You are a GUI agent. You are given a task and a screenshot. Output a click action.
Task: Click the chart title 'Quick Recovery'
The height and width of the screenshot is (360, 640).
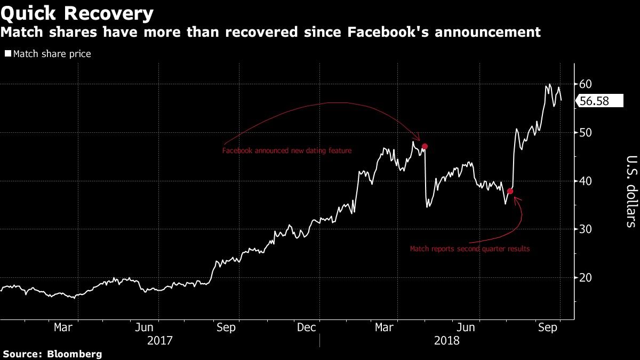pyautogui.click(x=77, y=14)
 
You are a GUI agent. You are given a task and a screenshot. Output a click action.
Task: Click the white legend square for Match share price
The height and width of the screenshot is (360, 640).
pyautogui.click(x=8, y=53)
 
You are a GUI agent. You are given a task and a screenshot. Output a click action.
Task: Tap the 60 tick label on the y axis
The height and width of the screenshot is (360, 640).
pyautogui.click(x=586, y=84)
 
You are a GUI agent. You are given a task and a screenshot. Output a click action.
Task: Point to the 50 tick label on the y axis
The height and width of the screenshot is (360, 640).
pyautogui.click(x=586, y=133)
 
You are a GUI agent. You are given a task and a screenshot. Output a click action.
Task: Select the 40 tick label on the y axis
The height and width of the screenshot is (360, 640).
pyautogui.click(x=586, y=181)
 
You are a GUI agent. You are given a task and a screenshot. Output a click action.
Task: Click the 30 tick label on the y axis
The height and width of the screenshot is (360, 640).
pyautogui.click(x=586, y=229)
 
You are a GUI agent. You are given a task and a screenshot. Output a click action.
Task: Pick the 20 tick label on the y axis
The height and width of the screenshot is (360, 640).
pyautogui.click(x=586, y=277)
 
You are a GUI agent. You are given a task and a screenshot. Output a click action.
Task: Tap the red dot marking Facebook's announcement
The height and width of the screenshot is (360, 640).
pyautogui.click(x=425, y=146)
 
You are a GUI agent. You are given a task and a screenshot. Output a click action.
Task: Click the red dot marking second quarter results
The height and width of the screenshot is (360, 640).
pyautogui.click(x=510, y=191)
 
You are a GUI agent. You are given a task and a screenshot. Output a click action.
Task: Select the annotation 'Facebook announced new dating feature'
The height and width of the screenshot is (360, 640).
pyautogui.click(x=287, y=150)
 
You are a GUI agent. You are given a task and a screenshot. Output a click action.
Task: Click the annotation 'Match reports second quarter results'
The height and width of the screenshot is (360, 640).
pyautogui.click(x=470, y=249)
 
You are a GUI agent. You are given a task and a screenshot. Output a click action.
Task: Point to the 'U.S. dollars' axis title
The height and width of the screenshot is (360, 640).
pyautogui.click(x=631, y=191)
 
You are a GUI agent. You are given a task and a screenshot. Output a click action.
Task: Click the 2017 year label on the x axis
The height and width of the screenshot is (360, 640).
pyautogui.click(x=159, y=341)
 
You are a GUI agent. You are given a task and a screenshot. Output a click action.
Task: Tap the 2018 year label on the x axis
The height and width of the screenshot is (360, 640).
pyautogui.click(x=447, y=341)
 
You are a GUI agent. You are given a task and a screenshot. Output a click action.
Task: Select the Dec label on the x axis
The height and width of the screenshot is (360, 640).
pyautogui.click(x=306, y=327)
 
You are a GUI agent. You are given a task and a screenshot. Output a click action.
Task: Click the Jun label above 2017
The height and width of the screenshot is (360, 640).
pyautogui.click(x=144, y=327)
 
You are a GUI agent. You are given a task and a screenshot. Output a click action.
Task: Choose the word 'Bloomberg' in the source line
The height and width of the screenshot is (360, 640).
pyautogui.click(x=74, y=354)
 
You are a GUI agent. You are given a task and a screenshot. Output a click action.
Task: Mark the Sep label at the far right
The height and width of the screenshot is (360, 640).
pyautogui.click(x=547, y=327)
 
